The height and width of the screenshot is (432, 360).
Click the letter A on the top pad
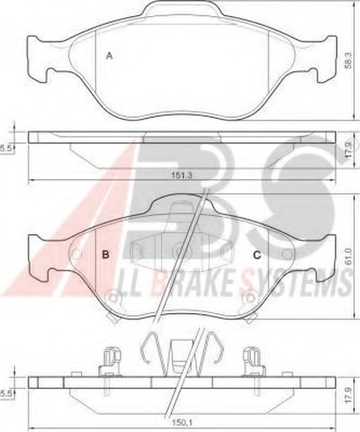point(110,56)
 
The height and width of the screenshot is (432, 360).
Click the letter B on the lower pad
point(105,255)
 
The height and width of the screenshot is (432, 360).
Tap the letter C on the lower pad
point(257,255)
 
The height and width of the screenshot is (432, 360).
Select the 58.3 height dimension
point(348,60)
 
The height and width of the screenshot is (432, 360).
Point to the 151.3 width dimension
point(181,175)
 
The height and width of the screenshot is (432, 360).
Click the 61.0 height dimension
point(348,256)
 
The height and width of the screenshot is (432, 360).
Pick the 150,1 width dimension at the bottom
point(181,422)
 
